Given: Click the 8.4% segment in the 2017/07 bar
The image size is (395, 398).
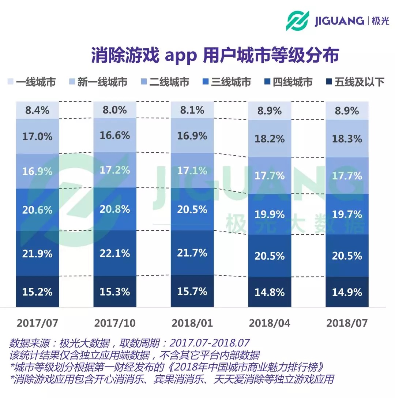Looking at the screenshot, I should (x=37, y=110).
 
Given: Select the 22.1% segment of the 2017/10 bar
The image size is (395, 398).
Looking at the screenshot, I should (x=115, y=253).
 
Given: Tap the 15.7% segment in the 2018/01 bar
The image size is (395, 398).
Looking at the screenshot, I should (x=192, y=291).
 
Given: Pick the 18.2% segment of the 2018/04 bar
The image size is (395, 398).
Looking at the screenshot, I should (x=270, y=139).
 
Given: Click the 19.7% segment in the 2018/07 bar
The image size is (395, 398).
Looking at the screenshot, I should (x=347, y=214).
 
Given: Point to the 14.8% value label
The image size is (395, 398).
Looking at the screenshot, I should (x=270, y=293).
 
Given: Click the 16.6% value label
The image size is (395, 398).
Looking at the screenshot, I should (x=115, y=135).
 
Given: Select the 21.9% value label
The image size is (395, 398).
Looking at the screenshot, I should (x=37, y=253).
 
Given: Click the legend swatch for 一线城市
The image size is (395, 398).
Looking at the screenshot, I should (x=10, y=82).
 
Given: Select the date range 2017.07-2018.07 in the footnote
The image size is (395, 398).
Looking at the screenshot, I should (x=210, y=343).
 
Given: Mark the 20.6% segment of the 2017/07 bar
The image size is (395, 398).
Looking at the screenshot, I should (x=37, y=210).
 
